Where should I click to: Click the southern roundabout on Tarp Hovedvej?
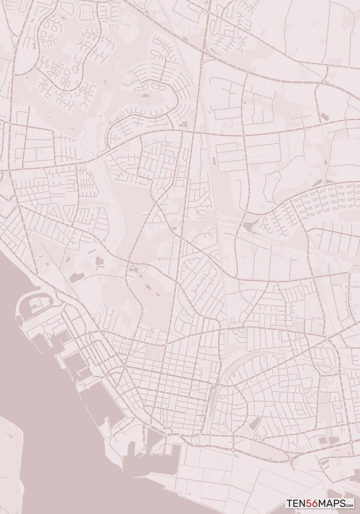click(201, 63)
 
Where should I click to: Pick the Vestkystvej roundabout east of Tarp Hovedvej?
click(248, 73)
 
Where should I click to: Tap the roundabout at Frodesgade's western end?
click(125, 366)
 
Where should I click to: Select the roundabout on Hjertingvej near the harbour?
click(58, 290)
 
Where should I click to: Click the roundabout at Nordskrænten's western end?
click(246, 212)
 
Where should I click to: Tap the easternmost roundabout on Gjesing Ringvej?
click(345, 120)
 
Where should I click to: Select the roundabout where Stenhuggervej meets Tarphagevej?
click(10, 124)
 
